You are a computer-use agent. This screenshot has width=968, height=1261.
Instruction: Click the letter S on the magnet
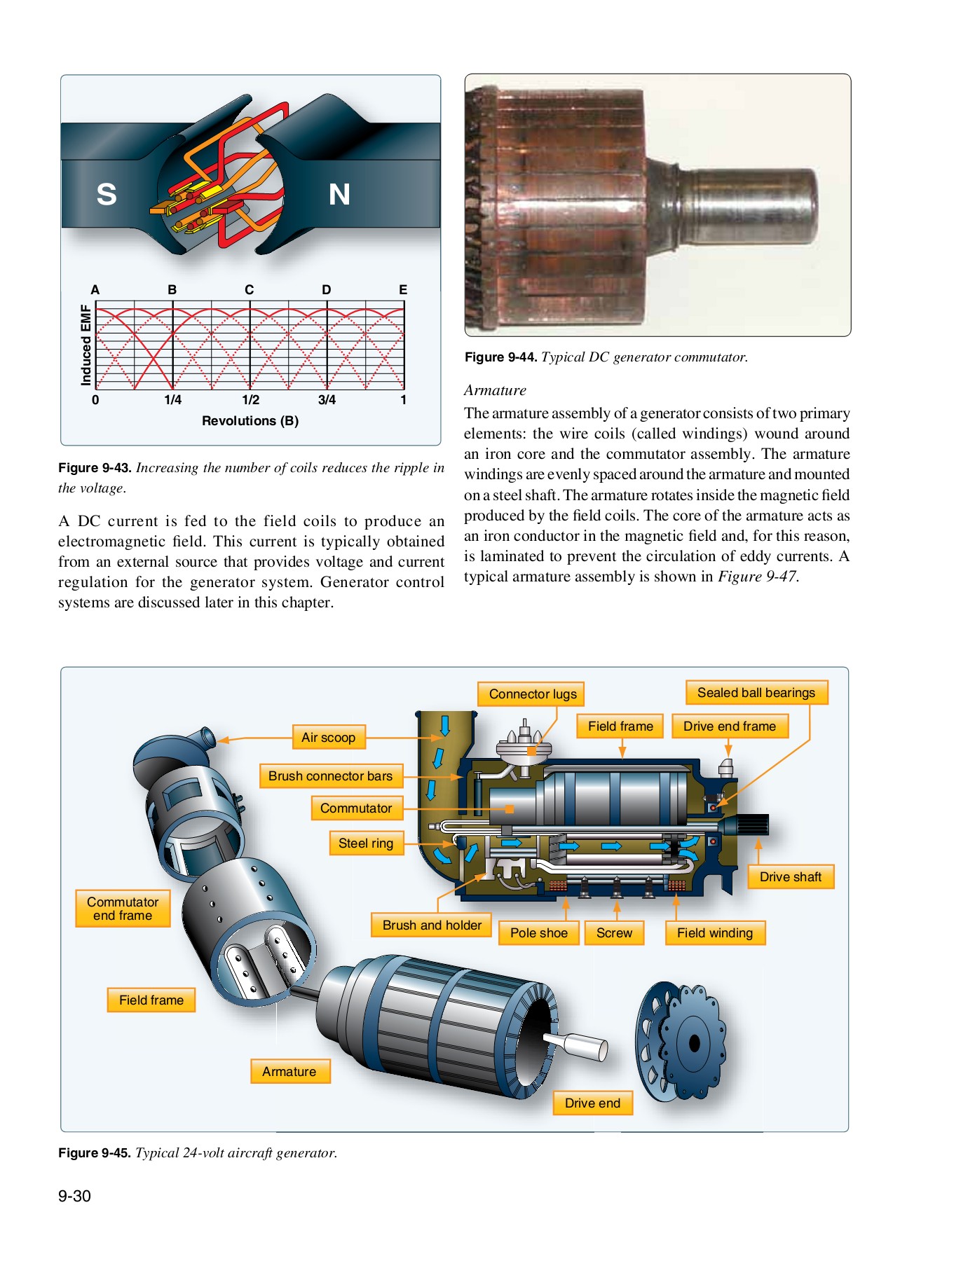point(107,194)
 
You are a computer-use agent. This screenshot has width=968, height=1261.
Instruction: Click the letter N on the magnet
point(339,195)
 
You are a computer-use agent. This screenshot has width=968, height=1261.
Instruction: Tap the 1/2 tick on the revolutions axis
point(250,400)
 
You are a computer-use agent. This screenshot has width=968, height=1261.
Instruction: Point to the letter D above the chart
point(326,289)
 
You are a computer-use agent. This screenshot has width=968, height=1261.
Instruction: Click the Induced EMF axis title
point(86,345)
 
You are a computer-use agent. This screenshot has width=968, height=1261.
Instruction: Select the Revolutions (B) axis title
point(250,421)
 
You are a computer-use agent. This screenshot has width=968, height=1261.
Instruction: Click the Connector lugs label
point(532,694)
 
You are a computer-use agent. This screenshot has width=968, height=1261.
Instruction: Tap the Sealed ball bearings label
point(756,693)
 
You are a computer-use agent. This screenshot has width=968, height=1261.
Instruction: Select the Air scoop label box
point(328,738)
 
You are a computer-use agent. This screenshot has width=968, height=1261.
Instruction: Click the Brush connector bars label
point(330,776)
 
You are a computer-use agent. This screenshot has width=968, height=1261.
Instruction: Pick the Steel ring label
point(366,843)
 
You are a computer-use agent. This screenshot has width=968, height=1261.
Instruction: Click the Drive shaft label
point(790,877)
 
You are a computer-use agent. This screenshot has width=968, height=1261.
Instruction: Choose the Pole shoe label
point(538,933)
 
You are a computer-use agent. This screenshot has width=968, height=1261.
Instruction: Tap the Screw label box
point(614,933)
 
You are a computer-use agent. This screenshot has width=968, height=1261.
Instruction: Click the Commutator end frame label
point(123,909)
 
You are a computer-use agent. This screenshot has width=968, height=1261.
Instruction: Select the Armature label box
point(289,1072)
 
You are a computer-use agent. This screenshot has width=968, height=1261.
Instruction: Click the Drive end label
point(592,1103)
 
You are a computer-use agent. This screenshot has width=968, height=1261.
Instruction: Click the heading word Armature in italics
point(495,390)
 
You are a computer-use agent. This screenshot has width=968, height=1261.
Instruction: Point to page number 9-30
point(74,1197)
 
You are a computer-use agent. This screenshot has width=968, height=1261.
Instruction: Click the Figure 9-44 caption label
point(500,357)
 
